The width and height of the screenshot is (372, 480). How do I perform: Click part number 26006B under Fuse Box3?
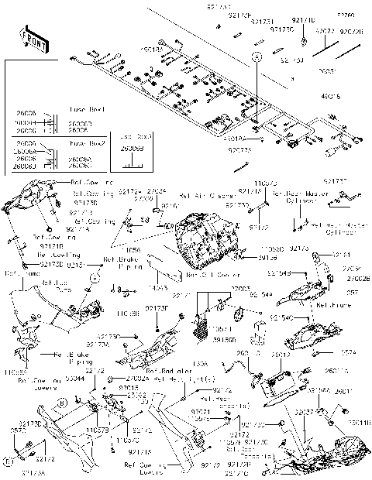tap(133, 149)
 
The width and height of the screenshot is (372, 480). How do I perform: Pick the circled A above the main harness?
tap(253, 57)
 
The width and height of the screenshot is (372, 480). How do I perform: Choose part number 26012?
tap(280, 355)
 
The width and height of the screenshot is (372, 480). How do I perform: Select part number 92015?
tap(129, 388)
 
